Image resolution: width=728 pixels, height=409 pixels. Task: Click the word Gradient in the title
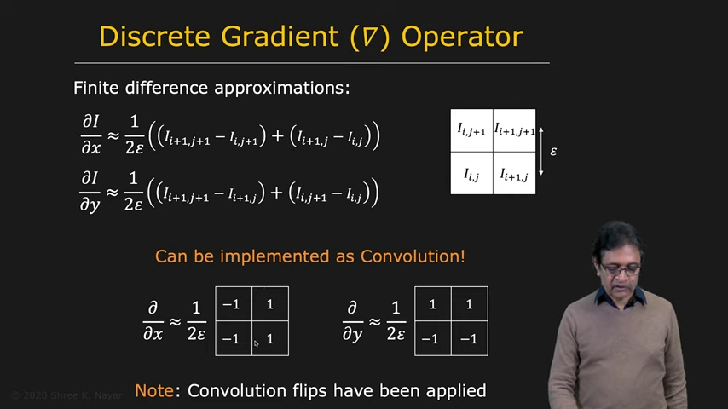pyautogui.click(x=280, y=36)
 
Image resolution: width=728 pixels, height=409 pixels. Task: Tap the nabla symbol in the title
pyautogui.click(x=370, y=37)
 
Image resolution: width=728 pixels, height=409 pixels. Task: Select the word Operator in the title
pyautogui.click(x=462, y=37)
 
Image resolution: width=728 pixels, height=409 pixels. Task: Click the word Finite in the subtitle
pyautogui.click(x=96, y=87)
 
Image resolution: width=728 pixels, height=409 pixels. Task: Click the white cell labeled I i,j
pyautogui.click(x=471, y=173)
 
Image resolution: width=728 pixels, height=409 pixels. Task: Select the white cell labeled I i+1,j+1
pyautogui.click(x=514, y=130)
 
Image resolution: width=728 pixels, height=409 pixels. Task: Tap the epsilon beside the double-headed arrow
pyautogui.click(x=553, y=152)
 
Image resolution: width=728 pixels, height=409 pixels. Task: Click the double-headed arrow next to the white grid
pyautogui.click(x=541, y=152)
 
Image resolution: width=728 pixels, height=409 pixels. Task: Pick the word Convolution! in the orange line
pyautogui.click(x=413, y=256)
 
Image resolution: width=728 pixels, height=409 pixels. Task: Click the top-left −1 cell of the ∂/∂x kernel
pyautogui.click(x=234, y=303)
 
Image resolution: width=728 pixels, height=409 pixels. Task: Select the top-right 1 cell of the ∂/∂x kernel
pyautogui.click(x=270, y=303)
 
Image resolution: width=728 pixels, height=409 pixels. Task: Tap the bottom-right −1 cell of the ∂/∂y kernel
pyautogui.click(x=470, y=338)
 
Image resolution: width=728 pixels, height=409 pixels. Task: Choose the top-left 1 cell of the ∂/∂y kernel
pyautogui.click(x=433, y=303)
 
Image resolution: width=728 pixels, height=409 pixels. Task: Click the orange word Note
pyautogui.click(x=153, y=390)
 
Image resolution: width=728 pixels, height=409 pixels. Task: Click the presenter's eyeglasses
pyautogui.click(x=620, y=268)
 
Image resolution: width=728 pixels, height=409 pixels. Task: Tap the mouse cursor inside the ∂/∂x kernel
pyautogui.click(x=257, y=343)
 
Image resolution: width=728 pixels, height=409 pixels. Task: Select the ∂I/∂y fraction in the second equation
pyautogui.click(x=90, y=191)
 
